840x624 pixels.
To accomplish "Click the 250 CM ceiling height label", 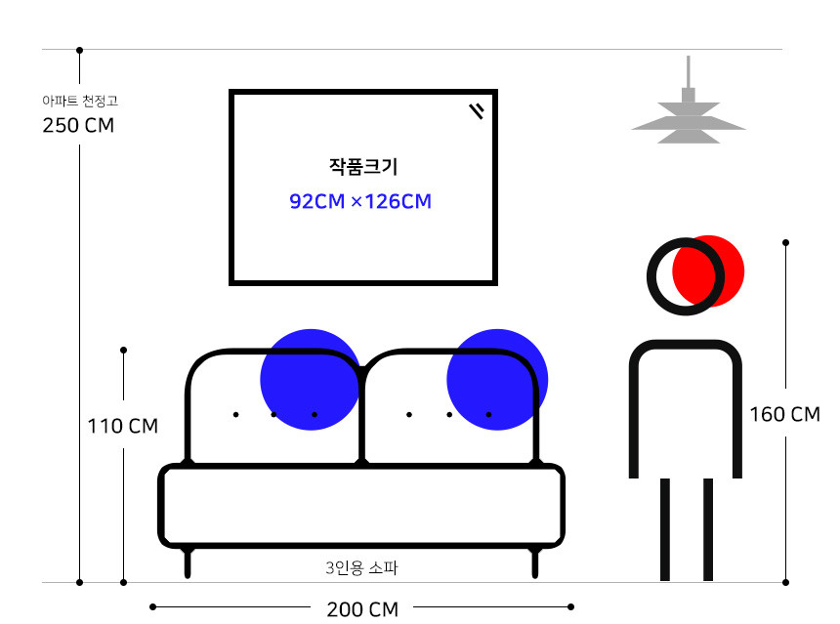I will click(x=78, y=126).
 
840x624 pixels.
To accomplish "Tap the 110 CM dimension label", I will click(x=122, y=427).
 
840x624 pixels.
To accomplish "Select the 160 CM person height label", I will click(x=784, y=414).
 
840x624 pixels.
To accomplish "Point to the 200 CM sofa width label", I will click(x=362, y=609).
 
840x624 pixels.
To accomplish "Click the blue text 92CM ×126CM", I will click(x=360, y=202).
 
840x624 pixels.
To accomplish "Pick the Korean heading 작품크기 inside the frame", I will click(x=363, y=167).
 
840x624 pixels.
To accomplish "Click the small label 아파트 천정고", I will click(x=80, y=100).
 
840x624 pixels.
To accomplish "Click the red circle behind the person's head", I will click(x=718, y=270).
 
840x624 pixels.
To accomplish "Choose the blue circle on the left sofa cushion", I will click(x=310, y=379).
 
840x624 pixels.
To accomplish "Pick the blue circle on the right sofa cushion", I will click(x=497, y=379).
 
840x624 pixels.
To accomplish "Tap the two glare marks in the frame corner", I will click(x=477, y=110).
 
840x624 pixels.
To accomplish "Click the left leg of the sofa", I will click(x=188, y=563).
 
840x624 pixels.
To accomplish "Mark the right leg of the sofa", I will click(x=535, y=563).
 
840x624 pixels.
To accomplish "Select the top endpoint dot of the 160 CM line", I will click(x=785, y=241).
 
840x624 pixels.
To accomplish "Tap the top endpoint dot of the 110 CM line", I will click(x=123, y=350).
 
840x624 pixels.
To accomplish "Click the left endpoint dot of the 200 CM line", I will click(x=152, y=606).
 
